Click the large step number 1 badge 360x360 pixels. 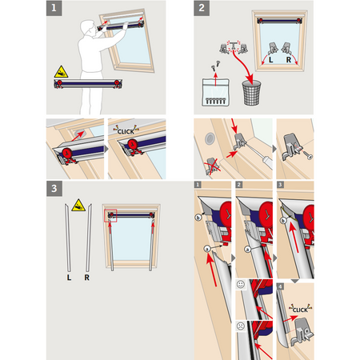54,8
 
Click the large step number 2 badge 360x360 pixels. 202,8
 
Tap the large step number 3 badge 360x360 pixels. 54,189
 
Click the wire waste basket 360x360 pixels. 251,93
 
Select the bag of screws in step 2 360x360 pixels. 216,92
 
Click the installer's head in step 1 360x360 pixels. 87,29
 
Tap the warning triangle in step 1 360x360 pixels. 61,72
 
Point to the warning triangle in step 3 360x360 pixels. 78,205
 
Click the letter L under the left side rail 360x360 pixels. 69,278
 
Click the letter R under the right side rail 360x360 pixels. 87,278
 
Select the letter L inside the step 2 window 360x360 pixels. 271,60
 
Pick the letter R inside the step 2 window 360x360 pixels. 289,60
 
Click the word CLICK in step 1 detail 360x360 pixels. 126,131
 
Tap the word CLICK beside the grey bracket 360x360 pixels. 300,310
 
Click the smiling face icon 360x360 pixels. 241,285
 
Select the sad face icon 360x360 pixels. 241,326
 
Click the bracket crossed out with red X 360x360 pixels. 212,166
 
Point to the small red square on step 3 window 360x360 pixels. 110,215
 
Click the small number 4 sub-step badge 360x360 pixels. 280,286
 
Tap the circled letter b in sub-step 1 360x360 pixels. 198,218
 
